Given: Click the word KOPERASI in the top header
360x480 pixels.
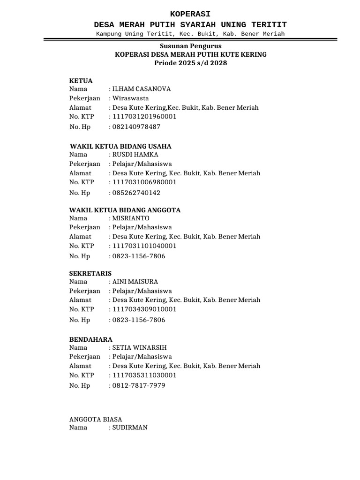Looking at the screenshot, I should click(x=190, y=14).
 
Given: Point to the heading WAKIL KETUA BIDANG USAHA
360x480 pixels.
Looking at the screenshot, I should click(x=120, y=146).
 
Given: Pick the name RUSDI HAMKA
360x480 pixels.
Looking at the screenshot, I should click(x=135, y=154).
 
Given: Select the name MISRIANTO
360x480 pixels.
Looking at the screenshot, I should click(x=131, y=218).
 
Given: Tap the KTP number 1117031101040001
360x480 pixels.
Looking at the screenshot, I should click(x=144, y=246).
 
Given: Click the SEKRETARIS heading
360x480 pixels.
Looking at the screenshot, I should click(x=90, y=273).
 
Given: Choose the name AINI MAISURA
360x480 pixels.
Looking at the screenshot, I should click(x=135, y=282).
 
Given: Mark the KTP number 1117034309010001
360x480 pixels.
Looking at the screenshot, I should click(x=144, y=309).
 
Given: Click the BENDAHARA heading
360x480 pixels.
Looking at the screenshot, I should click(x=91, y=339).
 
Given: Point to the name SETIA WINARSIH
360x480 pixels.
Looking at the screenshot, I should click(x=139, y=347).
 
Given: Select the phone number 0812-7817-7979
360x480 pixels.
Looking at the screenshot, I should click(x=138, y=386).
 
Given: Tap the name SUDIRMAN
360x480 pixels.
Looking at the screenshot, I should click(x=130, y=427).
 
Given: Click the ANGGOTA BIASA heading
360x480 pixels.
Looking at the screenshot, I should click(x=96, y=419).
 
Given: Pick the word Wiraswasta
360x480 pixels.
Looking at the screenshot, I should click(x=130, y=98).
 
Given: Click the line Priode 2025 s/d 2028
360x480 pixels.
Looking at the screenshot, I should click(x=191, y=63).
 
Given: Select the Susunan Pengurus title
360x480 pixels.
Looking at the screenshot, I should click(x=191, y=46).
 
